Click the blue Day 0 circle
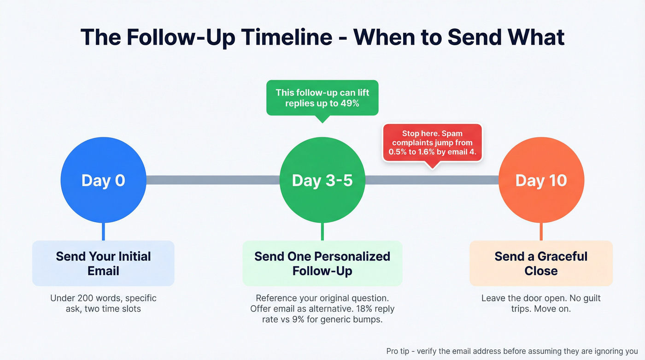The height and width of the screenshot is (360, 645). (103, 180)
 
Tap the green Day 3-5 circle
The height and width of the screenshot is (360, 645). (322, 180)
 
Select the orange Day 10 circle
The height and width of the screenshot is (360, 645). (541, 180)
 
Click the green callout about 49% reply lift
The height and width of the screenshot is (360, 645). (322, 97)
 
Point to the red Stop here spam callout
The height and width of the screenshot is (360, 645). (432, 142)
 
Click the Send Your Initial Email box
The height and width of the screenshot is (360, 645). (103, 263)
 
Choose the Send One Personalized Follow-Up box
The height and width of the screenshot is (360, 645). (322, 263)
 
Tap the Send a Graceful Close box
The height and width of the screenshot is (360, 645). (541, 263)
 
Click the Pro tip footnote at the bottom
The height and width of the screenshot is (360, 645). (511, 351)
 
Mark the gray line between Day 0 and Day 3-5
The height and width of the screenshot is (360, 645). (213, 180)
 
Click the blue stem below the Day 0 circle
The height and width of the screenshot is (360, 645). (103, 232)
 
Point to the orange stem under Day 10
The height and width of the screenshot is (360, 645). (541, 232)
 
